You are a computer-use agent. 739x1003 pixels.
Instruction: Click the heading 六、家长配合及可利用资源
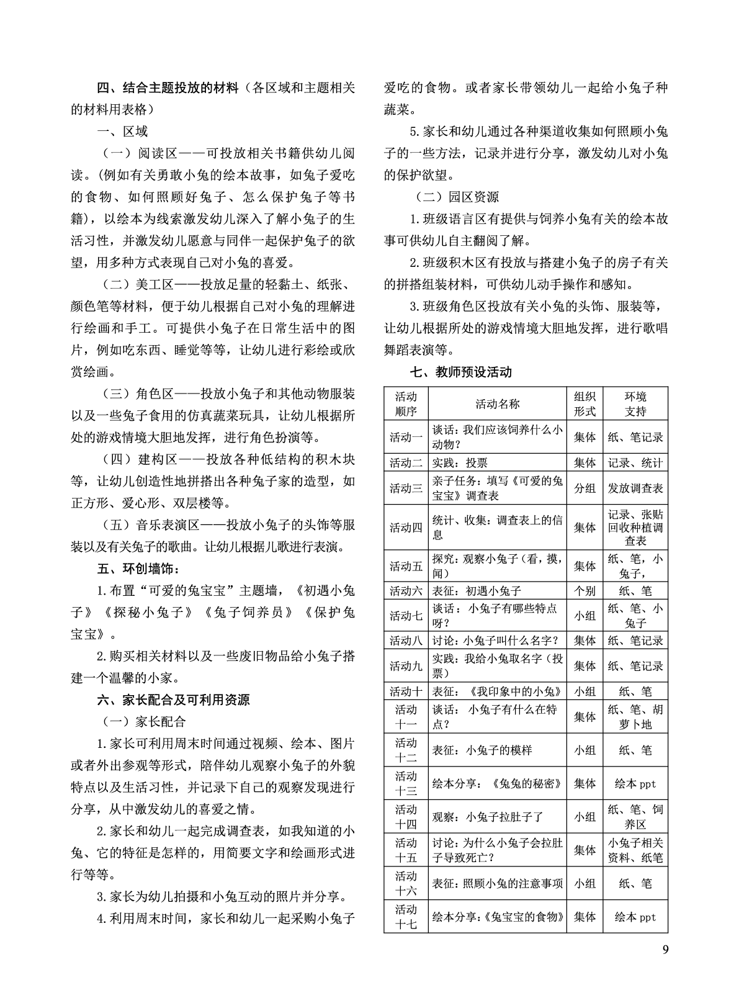pyautogui.click(x=174, y=699)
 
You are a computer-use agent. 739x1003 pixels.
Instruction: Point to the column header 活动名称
pyautogui.click(x=497, y=403)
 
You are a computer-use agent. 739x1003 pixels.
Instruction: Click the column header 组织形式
pyautogui.click(x=584, y=403)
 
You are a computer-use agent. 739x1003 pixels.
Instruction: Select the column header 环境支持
pyautogui.click(x=635, y=403)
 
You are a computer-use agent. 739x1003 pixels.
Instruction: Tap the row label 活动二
pyautogui.click(x=406, y=462)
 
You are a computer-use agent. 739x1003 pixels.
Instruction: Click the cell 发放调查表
pyautogui.click(x=635, y=488)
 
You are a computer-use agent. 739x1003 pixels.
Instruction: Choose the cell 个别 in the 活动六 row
pyautogui.click(x=584, y=591)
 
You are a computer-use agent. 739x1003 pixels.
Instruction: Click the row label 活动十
pyautogui.click(x=406, y=691)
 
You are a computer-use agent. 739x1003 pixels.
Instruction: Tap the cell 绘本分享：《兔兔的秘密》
pyautogui.click(x=497, y=783)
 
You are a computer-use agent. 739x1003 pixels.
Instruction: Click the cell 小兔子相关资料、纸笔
pyautogui.click(x=635, y=850)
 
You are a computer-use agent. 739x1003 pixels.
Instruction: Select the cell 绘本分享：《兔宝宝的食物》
pyautogui.click(x=497, y=917)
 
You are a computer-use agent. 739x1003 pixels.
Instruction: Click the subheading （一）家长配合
pyautogui.click(x=145, y=721)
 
